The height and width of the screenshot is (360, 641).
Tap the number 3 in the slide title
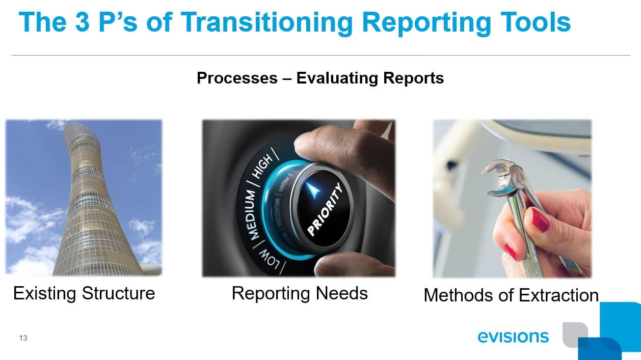point(83,23)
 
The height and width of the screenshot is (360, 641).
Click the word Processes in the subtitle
point(237,78)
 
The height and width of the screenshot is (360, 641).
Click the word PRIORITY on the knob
point(326,210)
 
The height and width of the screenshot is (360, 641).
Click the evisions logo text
point(513,337)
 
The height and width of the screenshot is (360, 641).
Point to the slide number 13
point(23,338)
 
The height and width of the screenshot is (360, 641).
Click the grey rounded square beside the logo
point(574,334)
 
